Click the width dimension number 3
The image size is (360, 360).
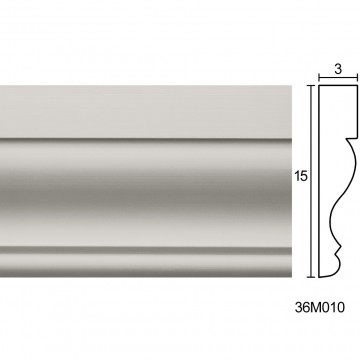tap(338, 69)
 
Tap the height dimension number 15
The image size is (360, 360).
tap(301, 176)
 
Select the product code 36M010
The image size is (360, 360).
tap(319, 307)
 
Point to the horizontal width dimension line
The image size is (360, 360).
tap(338, 79)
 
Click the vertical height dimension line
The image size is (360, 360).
tap(311, 181)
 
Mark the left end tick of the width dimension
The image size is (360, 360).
tap(319, 79)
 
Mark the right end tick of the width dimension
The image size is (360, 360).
tap(357, 79)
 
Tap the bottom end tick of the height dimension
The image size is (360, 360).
tap(311, 277)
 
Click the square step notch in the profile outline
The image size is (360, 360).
tap(351, 138)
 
